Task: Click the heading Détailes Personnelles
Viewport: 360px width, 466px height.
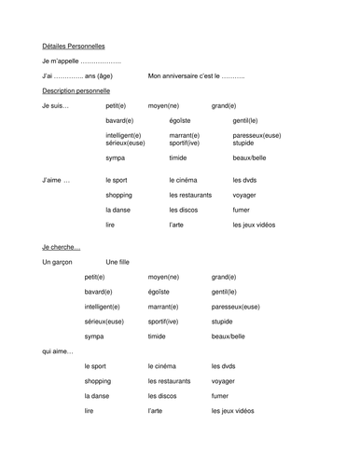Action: click(x=74, y=46)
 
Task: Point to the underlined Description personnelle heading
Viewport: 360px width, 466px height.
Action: click(x=76, y=90)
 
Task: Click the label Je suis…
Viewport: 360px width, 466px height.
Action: click(x=56, y=105)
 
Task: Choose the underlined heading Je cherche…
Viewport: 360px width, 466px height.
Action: click(x=62, y=247)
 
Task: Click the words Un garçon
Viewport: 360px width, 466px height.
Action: click(x=57, y=262)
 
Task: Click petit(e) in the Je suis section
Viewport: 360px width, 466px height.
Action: click(x=116, y=105)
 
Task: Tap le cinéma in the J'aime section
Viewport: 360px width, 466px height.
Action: click(x=185, y=180)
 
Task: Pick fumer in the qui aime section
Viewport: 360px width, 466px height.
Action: click(x=220, y=395)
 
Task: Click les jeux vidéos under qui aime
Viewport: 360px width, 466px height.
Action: click(x=232, y=410)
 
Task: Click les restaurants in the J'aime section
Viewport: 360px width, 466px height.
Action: click(x=190, y=195)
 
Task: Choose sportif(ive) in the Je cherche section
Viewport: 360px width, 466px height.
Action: click(x=164, y=321)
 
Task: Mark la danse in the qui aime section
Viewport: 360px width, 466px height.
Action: click(x=97, y=395)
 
